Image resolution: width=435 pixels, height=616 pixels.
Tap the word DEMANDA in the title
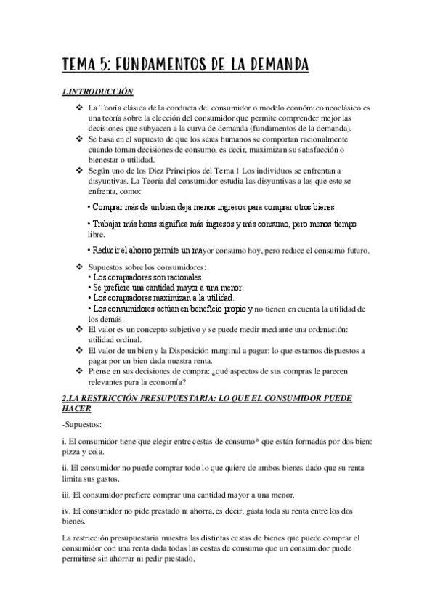[x=272, y=65]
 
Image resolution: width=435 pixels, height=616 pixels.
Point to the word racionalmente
[x=325, y=139]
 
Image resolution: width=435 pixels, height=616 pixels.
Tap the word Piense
[x=100, y=371]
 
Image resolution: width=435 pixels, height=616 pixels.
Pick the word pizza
[x=75, y=450]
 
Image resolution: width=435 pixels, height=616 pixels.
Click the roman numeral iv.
[x=66, y=511]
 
